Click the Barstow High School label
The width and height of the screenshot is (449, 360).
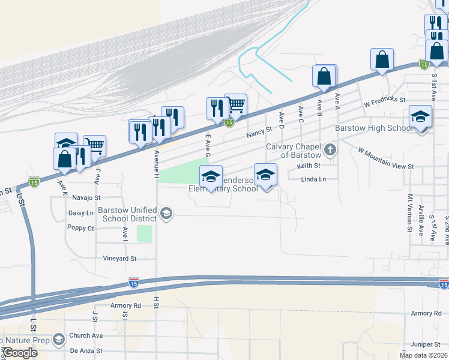coord(374,128)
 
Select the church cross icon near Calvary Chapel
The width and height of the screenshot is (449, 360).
coord(330,149)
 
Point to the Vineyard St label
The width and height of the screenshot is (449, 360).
coord(120,259)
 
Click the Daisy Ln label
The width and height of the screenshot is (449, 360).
coord(81,213)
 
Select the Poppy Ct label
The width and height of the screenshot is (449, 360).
coord(81,229)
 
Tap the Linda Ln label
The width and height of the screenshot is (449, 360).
coord(313,179)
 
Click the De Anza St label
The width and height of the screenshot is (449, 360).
coord(86,350)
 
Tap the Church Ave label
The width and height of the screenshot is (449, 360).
coord(86,336)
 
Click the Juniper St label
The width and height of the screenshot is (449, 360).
coord(426,344)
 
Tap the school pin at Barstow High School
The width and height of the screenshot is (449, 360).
coord(421,118)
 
